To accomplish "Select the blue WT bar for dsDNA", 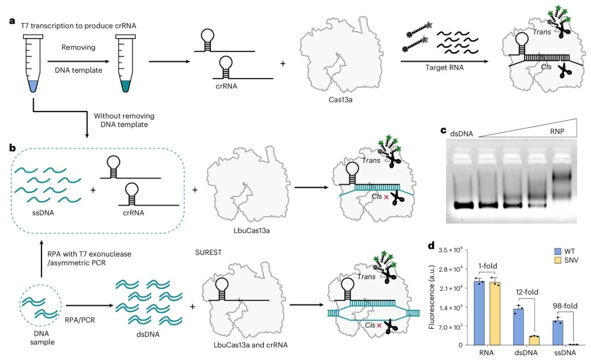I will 518,326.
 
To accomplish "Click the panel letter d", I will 431,246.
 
